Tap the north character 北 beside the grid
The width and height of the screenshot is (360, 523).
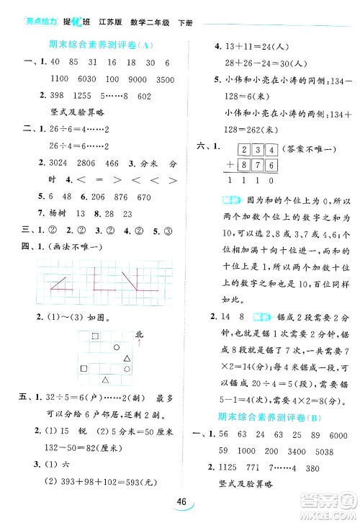pos(140,332)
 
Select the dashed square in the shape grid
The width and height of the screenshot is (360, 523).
pos(96,336)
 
